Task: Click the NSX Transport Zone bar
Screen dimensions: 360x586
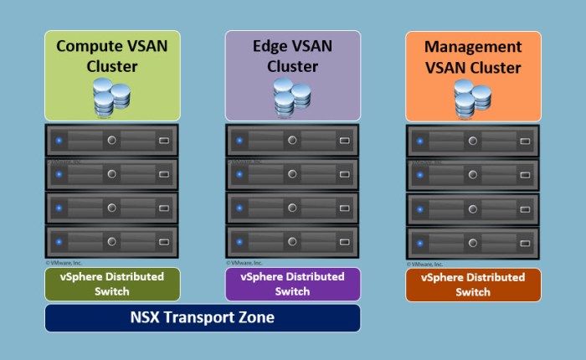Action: tap(202, 318)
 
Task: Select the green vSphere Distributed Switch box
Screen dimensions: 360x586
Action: tap(112, 284)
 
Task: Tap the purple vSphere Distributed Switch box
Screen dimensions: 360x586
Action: tap(292, 284)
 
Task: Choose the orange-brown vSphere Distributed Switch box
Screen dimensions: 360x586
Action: tap(473, 285)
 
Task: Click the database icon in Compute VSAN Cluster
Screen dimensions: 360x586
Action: tap(112, 96)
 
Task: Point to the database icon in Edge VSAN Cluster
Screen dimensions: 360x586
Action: tap(293, 96)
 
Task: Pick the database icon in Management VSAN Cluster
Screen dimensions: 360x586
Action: tap(474, 98)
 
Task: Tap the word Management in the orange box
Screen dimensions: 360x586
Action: tap(473, 47)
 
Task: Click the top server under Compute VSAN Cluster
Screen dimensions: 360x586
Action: tap(112, 140)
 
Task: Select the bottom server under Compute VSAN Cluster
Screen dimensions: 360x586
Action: tap(112, 242)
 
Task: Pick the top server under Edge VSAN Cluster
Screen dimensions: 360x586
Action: tap(293, 140)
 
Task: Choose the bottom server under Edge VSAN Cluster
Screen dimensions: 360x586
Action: tap(293, 242)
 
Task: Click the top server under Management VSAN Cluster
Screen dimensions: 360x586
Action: tap(473, 141)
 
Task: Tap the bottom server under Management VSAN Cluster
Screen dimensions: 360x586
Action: tap(473, 243)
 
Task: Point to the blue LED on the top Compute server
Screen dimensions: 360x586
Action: tap(59, 140)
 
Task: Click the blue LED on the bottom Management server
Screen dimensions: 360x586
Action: tap(420, 243)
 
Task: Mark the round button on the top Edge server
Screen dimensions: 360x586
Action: tap(291, 140)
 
